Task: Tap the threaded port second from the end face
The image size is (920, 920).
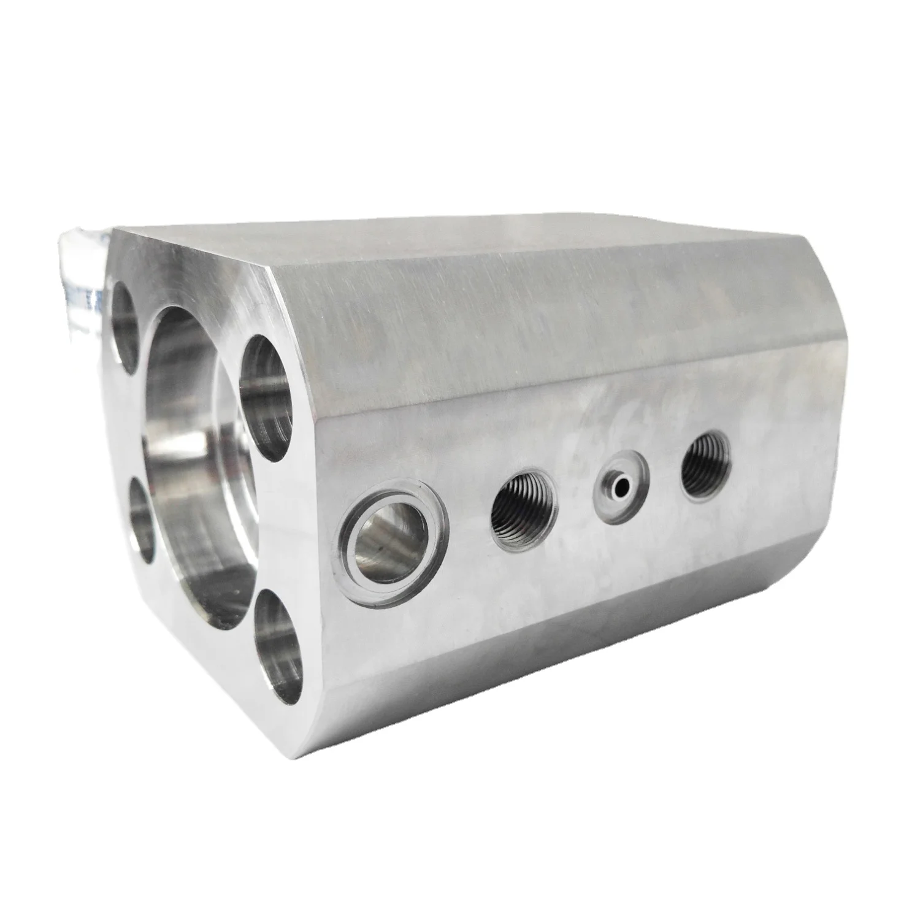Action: point(525,503)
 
